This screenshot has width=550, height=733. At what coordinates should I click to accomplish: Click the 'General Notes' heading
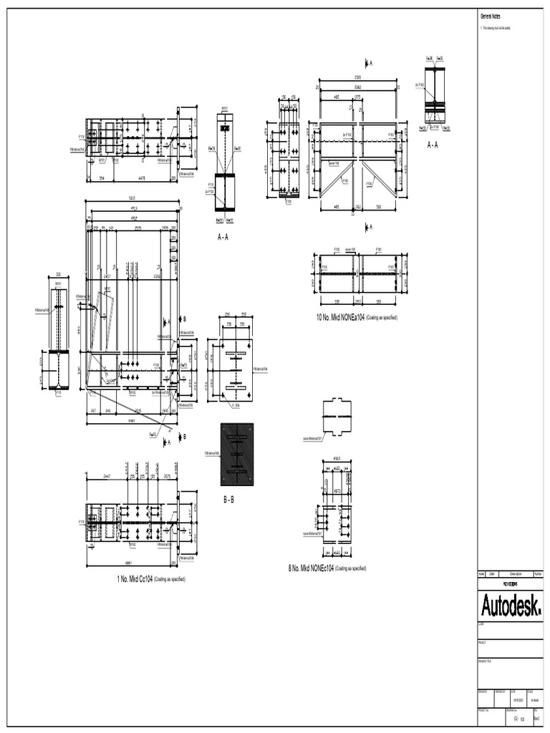[x=488, y=16]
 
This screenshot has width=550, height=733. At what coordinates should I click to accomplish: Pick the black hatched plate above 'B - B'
[x=237, y=454]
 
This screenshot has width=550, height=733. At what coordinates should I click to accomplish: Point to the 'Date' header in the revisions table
[x=493, y=574]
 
